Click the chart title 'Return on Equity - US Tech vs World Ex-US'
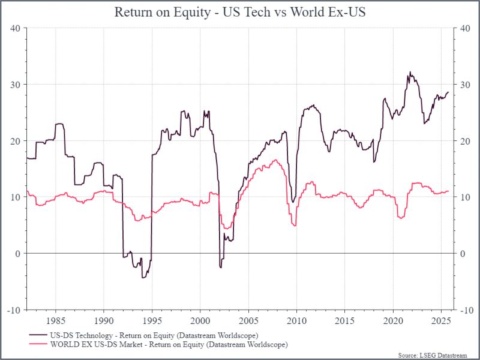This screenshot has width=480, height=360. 240,12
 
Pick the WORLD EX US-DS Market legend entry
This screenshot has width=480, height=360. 161,344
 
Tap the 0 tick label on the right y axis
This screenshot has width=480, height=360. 461,253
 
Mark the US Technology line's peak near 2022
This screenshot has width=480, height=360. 410,72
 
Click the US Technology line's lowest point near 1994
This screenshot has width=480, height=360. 143,278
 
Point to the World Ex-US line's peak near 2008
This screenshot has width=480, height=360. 275,160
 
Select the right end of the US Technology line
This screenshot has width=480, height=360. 448,92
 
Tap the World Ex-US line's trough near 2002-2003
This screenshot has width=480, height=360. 226,229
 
